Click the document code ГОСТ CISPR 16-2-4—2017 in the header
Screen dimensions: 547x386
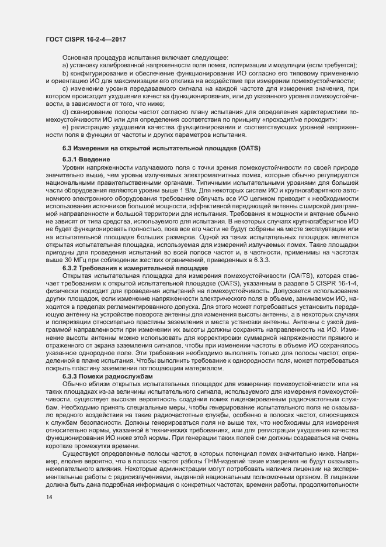point(86,39)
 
